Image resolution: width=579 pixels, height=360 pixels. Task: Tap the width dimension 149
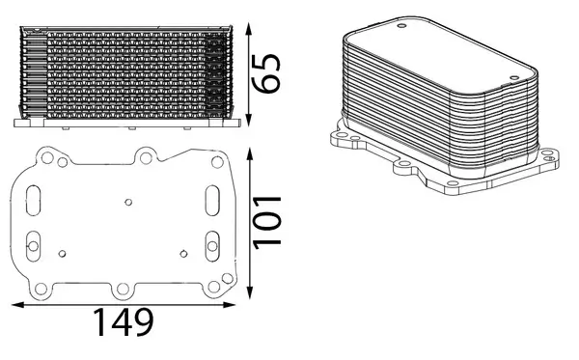(124, 322)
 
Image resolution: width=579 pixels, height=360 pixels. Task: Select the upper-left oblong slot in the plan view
(35, 202)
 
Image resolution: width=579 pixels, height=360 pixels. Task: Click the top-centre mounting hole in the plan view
(145, 154)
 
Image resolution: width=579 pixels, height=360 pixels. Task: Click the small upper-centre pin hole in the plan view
(128, 203)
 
